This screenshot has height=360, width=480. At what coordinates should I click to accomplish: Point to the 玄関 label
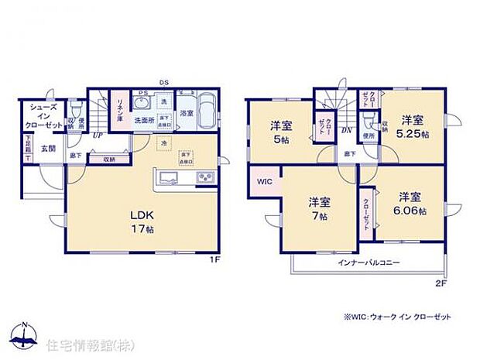pyautogui.click(x=48, y=148)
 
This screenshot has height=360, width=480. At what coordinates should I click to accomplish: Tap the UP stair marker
pyautogui.click(x=98, y=135)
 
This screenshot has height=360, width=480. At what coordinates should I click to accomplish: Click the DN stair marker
pyautogui.click(x=346, y=130)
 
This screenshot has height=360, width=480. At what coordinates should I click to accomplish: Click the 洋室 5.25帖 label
pyautogui.click(x=412, y=125)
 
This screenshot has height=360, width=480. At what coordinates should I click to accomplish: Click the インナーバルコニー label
pyautogui.click(x=369, y=263)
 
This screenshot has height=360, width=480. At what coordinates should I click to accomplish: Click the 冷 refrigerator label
pyautogui.click(x=163, y=144)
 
